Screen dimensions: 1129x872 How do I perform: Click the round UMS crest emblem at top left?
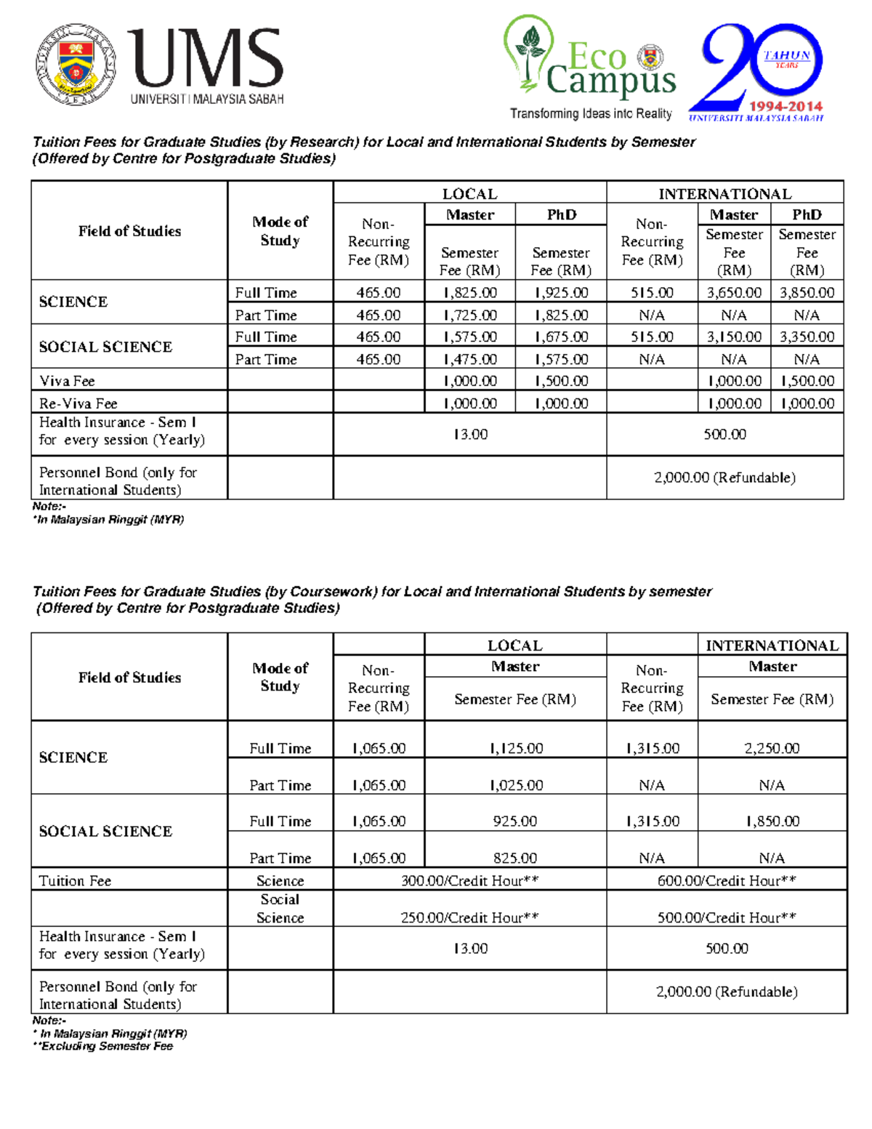[76, 64]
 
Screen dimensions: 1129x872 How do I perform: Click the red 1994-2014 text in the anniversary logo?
[786, 106]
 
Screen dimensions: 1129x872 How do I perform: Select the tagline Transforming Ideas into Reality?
[590, 113]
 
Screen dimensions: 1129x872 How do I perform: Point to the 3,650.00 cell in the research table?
[734, 292]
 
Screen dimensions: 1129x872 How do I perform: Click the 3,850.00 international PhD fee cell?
[807, 292]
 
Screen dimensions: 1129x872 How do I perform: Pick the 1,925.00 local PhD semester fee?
[560, 292]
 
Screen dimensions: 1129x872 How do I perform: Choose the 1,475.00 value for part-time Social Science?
[469, 359]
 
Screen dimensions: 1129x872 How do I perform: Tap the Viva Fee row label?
[67, 381]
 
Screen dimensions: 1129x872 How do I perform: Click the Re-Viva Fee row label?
[78, 403]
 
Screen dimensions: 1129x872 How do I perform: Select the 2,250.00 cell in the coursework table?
[772, 748]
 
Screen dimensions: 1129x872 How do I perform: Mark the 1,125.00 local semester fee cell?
[515, 748]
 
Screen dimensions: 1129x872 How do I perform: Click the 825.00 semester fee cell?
[515, 858]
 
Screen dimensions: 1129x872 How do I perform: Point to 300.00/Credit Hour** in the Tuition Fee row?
[469, 880]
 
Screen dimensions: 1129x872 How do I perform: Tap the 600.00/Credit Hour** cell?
[727, 880]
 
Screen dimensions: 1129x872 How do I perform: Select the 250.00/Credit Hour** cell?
[469, 917]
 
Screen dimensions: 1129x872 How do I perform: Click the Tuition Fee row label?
[75, 880]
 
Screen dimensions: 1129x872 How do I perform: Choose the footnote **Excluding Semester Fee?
[103, 1046]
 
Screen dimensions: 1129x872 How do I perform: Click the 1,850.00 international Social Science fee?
[772, 821]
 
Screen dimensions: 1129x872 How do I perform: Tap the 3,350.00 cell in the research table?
[807, 337]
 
